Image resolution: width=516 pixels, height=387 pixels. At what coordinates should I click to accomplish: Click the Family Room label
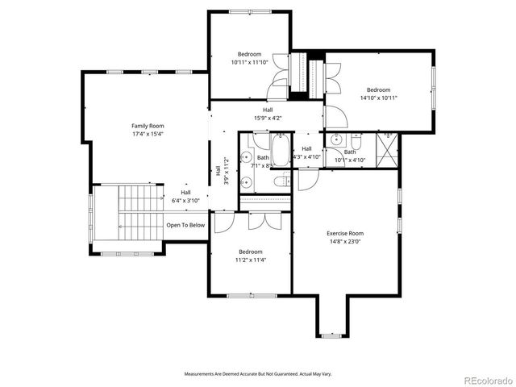tap(148, 126)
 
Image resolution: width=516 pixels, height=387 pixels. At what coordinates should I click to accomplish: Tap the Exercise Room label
tap(345, 233)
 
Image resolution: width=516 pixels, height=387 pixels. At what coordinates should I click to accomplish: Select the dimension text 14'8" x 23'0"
tap(345, 241)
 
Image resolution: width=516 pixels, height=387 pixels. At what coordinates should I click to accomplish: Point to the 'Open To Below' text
tap(185, 226)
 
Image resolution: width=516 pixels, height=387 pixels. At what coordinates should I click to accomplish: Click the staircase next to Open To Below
tap(129, 218)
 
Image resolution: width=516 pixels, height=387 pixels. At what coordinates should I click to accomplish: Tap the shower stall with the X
tap(388, 149)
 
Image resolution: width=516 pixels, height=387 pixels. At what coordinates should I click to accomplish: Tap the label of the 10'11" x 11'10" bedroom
tap(249, 54)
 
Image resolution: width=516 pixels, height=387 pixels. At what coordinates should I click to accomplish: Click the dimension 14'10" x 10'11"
tap(378, 98)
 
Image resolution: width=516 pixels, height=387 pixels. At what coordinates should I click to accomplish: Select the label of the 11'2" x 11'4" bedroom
tap(250, 252)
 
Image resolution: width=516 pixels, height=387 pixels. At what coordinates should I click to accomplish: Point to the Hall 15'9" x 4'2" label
tap(268, 114)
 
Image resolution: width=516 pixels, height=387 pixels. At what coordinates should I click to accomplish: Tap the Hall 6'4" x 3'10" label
tap(185, 196)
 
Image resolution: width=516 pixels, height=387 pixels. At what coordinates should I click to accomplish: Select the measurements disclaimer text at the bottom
tap(257, 374)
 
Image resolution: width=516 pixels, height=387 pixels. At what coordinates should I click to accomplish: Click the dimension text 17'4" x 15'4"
tap(148, 134)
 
